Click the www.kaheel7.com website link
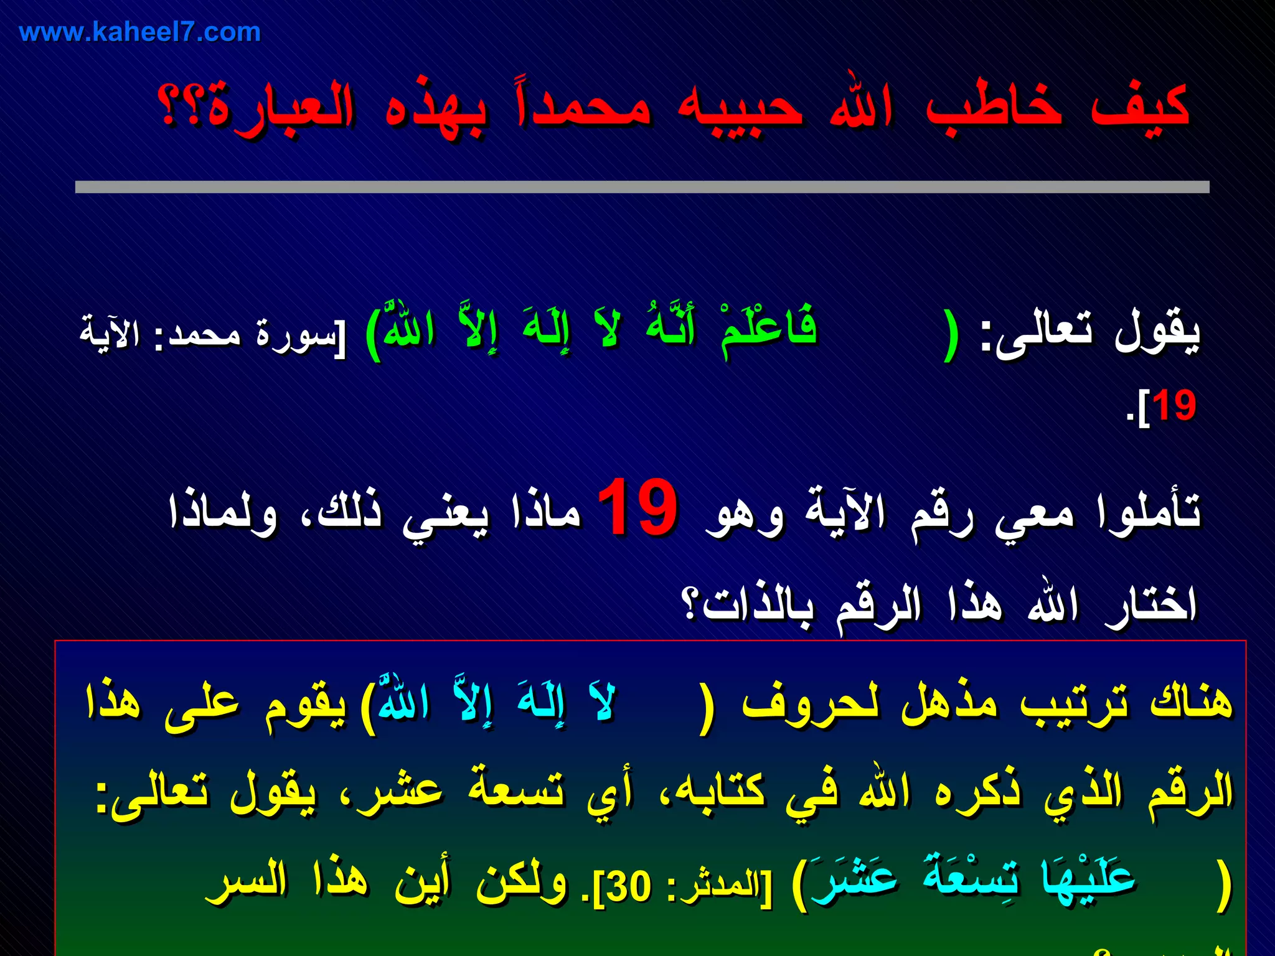pos(139,32)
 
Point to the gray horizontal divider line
pos(641,187)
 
